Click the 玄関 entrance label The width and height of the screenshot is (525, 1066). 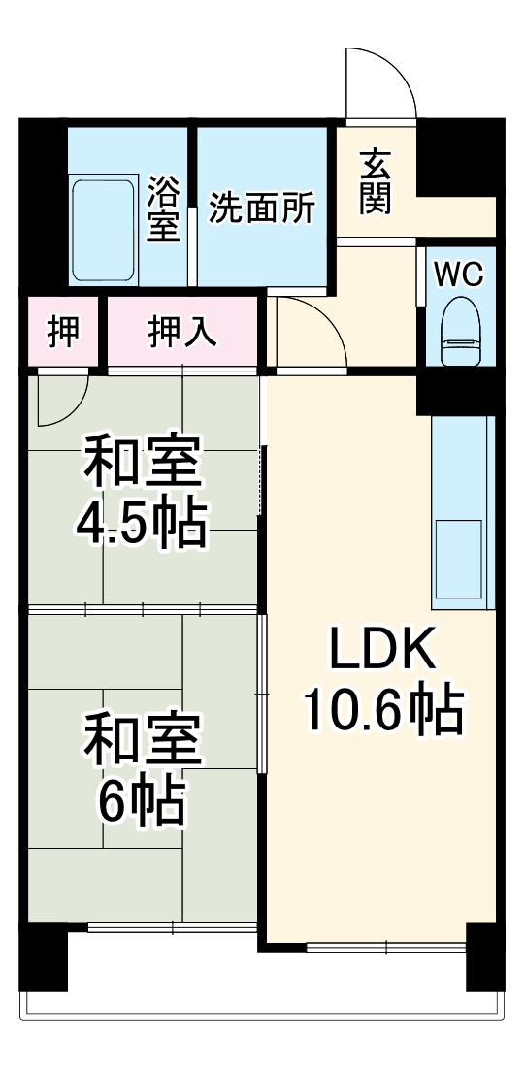point(375,181)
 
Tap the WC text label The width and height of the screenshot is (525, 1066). point(457,275)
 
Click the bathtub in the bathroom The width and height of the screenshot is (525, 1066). point(104,228)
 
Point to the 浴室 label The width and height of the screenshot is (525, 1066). point(163,207)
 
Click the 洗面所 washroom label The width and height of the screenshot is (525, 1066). point(262,209)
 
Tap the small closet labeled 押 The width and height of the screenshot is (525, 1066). point(64,332)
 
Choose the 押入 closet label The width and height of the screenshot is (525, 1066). point(182,332)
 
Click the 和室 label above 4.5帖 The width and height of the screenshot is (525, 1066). point(143,464)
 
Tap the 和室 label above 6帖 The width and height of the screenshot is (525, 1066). point(142,742)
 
